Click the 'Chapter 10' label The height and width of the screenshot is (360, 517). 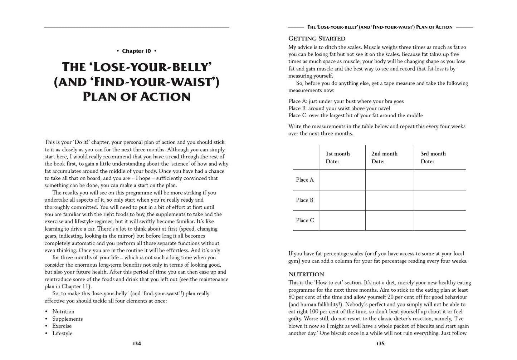136,51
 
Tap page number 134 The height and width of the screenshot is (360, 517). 137,344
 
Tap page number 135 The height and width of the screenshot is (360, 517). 380,344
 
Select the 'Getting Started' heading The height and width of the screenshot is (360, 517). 317,39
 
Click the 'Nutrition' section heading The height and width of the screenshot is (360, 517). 306,274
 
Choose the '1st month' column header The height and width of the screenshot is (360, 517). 338,154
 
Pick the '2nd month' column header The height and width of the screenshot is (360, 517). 384,154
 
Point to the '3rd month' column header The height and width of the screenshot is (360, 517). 433,154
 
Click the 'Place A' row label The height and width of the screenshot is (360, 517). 305,180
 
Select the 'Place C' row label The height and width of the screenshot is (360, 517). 305,220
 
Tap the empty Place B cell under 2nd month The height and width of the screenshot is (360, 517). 389,200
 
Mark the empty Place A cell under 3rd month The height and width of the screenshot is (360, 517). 440,180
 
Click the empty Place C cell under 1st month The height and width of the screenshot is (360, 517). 342,220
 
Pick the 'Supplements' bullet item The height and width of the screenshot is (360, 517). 67,319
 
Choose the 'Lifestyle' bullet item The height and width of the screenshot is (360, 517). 62,333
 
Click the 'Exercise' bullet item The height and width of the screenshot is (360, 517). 62,326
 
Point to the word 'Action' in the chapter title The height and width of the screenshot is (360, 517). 167,97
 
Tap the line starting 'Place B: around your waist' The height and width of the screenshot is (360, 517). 339,108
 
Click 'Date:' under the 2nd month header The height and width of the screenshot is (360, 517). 378,162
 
